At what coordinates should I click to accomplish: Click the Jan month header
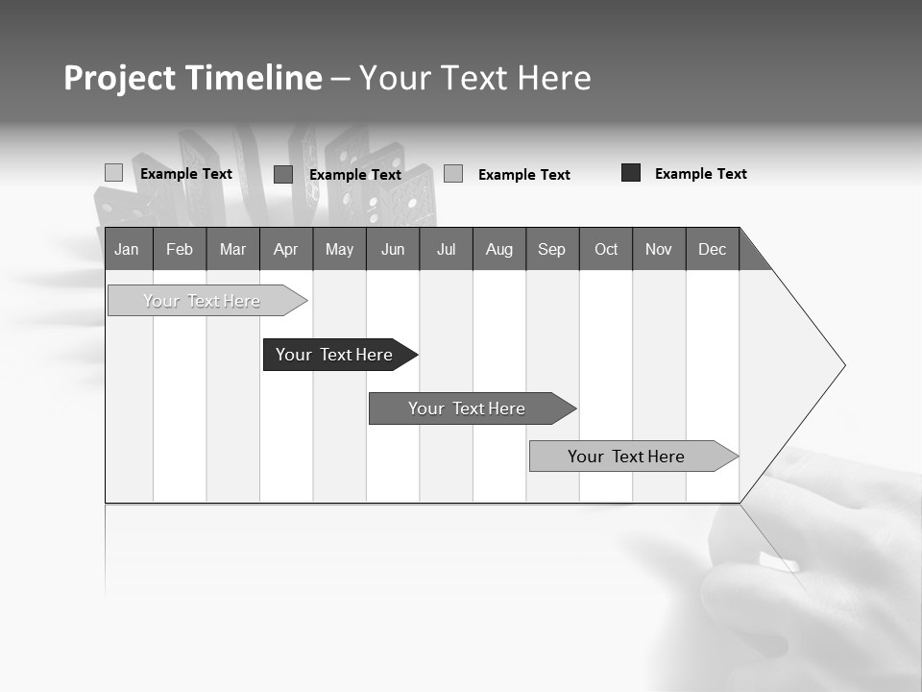pos(127,249)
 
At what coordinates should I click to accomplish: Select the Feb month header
pos(180,249)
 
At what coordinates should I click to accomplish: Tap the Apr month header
pos(286,249)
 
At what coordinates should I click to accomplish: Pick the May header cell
pos(339,249)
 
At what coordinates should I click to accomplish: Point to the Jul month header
pos(446,249)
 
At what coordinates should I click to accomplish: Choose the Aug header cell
pos(499,249)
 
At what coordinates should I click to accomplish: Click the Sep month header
pos(552,249)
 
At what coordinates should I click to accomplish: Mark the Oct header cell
pos(606,249)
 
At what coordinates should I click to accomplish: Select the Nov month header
pos(659,249)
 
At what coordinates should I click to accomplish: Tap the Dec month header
pos(713,249)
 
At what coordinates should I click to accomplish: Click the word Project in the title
pos(120,78)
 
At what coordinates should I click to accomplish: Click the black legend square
pos(631,173)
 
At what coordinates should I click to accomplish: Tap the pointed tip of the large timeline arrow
pos(842,365)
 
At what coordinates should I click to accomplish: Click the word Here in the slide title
pos(554,78)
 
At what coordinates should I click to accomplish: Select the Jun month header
pos(393,249)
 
